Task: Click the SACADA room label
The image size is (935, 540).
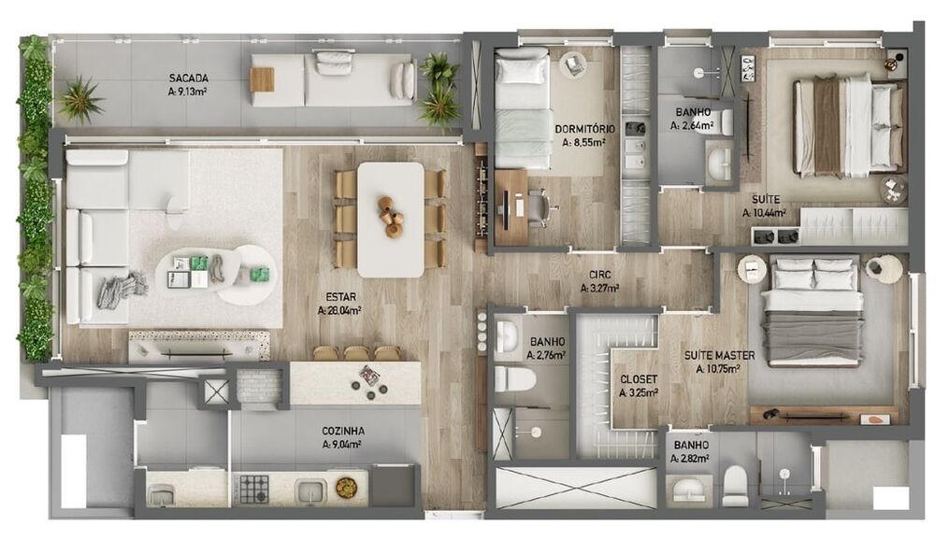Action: coord(189,78)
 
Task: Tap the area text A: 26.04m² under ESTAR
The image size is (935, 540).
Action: coord(340,310)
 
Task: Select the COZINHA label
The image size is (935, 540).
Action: coord(343,431)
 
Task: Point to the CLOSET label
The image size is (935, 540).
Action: coord(639,379)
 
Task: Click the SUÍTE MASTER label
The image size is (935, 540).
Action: coord(719,356)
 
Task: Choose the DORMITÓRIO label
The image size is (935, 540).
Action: coord(585,129)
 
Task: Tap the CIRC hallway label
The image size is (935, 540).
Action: coord(600,276)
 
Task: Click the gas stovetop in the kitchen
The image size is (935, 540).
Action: coord(254,489)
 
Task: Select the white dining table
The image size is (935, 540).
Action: coord(391,220)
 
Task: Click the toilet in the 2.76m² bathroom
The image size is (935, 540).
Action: coord(515,379)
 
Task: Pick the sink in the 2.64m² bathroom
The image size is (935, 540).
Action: coord(720,161)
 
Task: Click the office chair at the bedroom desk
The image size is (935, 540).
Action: coord(540,208)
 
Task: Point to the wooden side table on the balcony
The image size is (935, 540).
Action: coord(263,79)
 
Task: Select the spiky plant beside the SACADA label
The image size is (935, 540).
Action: coord(80,99)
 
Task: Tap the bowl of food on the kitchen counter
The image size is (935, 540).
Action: coord(345,487)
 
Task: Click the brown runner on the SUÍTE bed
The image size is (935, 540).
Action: coord(827,127)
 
